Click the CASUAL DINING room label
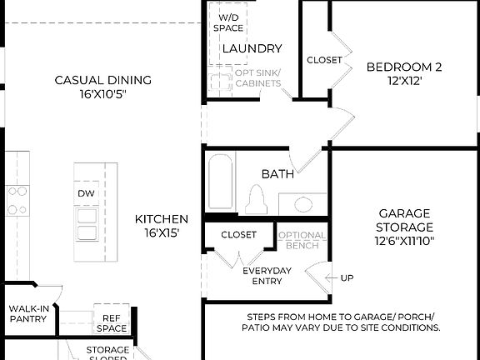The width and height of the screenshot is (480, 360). [102, 87]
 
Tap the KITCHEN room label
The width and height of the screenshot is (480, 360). [162, 226]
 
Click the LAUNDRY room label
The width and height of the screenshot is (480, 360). [252, 48]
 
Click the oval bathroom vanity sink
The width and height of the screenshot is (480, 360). [303, 203]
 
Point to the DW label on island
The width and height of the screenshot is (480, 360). [87, 193]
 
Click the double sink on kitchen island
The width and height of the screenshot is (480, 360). [87, 224]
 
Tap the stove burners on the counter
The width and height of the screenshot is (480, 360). [17, 200]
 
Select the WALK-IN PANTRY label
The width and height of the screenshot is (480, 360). [27, 312]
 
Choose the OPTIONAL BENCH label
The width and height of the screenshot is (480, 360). [302, 241]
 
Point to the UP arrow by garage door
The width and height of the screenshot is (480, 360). [342, 277]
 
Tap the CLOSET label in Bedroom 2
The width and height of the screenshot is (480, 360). [324, 60]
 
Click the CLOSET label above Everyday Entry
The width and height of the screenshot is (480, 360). [238, 235]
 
